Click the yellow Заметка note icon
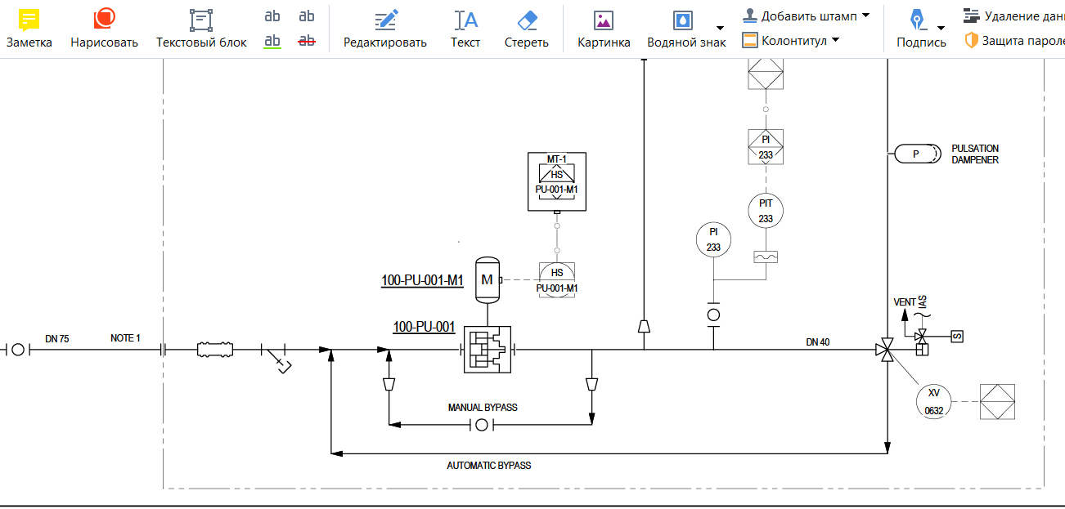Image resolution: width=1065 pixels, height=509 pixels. click(29, 20)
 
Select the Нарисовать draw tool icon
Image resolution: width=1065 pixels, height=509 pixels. click(104, 19)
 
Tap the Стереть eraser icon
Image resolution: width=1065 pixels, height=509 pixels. click(527, 20)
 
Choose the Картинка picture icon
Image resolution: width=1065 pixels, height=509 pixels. click(604, 21)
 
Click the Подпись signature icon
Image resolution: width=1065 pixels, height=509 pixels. click(917, 20)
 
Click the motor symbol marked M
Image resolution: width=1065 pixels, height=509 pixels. click(488, 280)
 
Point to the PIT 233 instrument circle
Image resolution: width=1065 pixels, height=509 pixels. click(766, 211)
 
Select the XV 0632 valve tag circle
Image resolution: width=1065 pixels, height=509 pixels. click(934, 402)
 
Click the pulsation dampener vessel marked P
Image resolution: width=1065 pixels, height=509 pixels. click(918, 154)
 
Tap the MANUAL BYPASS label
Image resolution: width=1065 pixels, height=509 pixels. click(483, 408)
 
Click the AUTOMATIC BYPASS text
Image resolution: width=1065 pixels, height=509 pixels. click(489, 466)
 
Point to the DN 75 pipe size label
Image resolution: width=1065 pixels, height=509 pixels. click(57, 338)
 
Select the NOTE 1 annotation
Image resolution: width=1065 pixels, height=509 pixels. click(125, 338)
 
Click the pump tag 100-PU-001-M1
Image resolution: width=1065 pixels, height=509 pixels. click(422, 280)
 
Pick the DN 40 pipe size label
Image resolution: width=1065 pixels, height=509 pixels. click(818, 342)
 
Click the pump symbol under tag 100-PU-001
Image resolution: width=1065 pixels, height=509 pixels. click(488, 350)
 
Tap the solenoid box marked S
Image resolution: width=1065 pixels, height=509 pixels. click(957, 337)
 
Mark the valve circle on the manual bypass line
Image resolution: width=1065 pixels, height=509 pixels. click(482, 425)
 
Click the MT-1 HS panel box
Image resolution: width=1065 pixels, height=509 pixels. click(557, 181)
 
